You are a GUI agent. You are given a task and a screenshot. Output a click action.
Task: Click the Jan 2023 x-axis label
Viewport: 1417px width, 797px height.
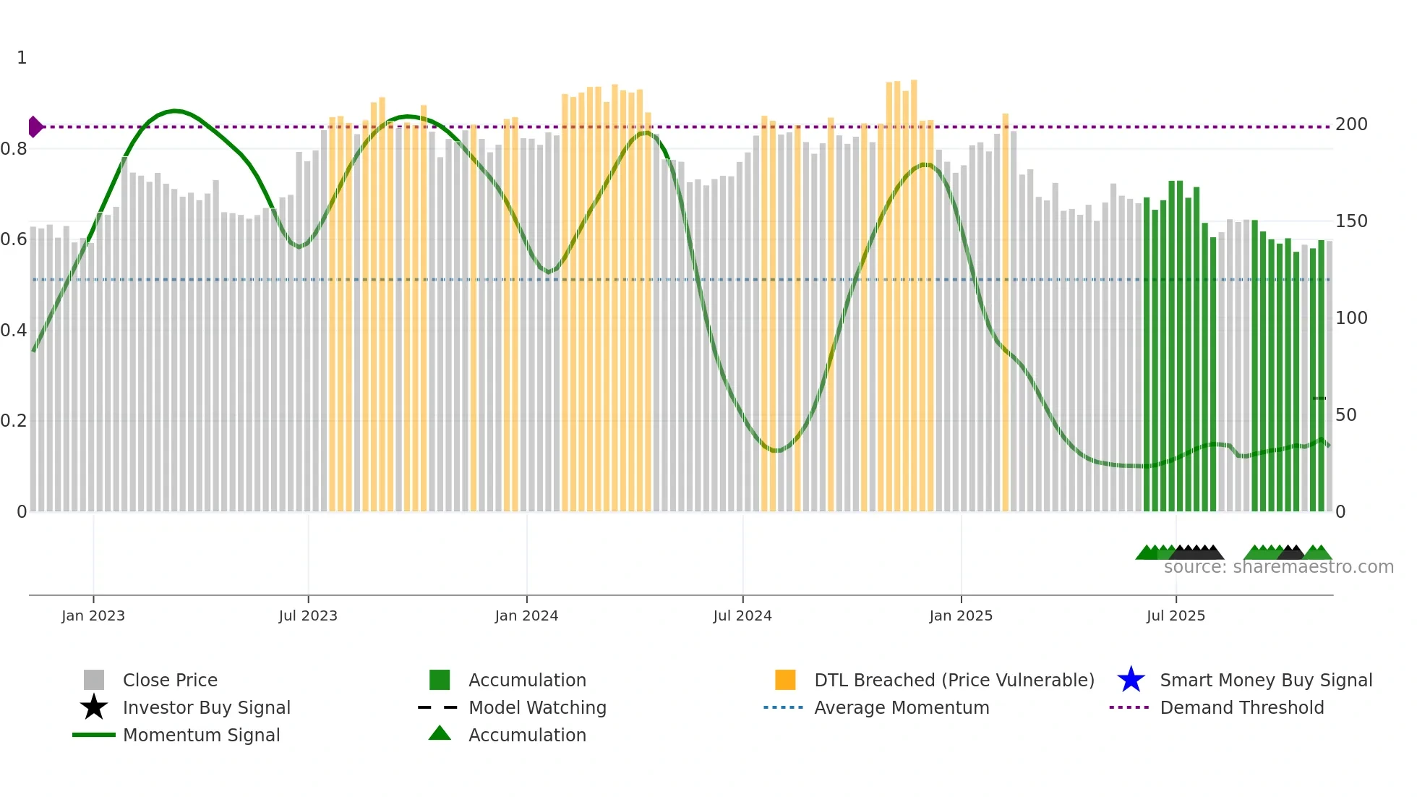(x=93, y=615)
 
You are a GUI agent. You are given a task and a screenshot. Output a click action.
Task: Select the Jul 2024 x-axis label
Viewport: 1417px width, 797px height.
(x=742, y=615)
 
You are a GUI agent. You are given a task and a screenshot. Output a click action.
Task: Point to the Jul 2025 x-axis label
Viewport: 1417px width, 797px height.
(x=1176, y=615)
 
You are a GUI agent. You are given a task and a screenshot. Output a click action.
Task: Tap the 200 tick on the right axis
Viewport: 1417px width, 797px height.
(x=1351, y=124)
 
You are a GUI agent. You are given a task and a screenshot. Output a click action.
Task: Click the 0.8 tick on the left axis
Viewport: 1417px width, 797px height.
(x=13, y=149)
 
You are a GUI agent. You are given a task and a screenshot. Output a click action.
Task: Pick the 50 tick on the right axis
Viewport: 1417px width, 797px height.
(x=1346, y=415)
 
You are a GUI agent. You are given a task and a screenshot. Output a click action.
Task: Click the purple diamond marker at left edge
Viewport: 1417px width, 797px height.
(x=35, y=127)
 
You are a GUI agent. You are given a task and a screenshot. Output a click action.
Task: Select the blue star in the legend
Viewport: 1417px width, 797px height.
(x=1131, y=680)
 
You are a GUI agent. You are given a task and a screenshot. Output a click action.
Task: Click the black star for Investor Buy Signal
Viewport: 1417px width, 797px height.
(x=94, y=707)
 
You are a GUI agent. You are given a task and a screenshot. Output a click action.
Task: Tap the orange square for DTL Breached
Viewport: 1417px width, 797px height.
(x=785, y=680)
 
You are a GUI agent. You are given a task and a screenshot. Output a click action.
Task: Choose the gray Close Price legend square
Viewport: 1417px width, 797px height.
(x=94, y=680)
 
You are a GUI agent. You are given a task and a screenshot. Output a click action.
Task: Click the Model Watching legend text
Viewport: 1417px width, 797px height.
(x=537, y=707)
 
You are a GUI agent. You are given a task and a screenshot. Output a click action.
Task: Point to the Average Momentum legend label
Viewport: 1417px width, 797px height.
(x=902, y=707)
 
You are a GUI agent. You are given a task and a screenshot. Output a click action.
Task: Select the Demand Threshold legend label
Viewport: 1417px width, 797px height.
(x=1241, y=707)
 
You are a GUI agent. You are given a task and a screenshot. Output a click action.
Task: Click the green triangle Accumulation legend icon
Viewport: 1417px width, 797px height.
(x=440, y=734)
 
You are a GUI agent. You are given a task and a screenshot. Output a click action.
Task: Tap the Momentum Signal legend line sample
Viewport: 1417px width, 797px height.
(x=94, y=735)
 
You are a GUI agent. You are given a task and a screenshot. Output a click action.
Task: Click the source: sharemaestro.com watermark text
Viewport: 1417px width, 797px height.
(x=1278, y=567)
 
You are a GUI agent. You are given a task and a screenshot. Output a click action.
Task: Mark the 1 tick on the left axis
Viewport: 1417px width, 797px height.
(x=22, y=58)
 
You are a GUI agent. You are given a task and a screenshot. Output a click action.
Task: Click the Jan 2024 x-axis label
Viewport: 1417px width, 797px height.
(x=526, y=615)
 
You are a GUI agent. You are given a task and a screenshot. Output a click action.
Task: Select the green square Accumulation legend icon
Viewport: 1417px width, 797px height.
(x=440, y=680)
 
